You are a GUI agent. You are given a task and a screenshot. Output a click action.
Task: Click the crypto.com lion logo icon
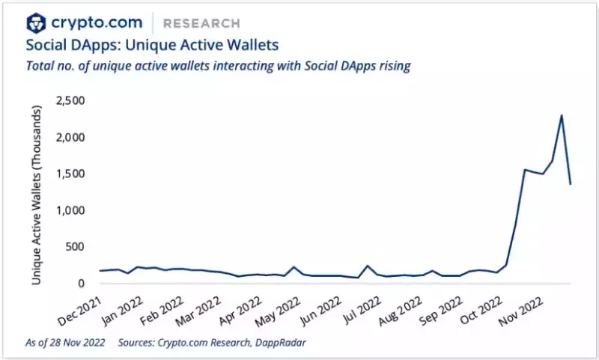tap(36, 23)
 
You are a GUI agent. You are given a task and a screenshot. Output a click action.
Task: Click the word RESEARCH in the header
tap(202, 24)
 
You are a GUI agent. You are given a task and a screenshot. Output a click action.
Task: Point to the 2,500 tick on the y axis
tap(71, 100)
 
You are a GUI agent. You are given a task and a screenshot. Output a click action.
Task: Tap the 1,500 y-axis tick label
tap(71, 174)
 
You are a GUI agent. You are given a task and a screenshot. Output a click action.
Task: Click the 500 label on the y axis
tap(77, 247)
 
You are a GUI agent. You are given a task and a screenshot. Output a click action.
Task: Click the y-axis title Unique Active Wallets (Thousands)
tap(36, 193)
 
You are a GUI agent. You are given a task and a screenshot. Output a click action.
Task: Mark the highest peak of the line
tap(562, 115)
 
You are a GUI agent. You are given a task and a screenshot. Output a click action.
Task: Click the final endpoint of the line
tap(571, 183)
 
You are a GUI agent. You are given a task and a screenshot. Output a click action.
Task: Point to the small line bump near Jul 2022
tap(368, 266)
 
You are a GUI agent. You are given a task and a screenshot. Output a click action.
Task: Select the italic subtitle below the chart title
tap(218, 67)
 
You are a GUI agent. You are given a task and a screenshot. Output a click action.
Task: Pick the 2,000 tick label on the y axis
tap(71, 137)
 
